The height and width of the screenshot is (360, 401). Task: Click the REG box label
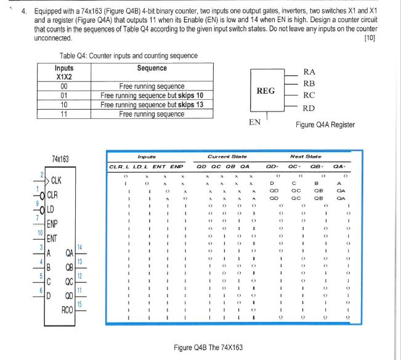pos(265,91)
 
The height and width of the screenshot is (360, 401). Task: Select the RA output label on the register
pos(310,72)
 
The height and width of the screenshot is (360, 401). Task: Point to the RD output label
pos(309,108)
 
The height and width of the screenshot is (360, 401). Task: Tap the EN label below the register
pos(254,122)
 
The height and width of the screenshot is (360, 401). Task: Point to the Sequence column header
pos(152,68)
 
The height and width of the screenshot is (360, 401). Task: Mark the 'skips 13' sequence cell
pos(152,105)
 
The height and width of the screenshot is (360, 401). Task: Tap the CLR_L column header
pos(118,167)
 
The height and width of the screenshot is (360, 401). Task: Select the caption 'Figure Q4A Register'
pos(325,125)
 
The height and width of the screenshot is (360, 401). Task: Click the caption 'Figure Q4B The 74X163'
pos(208,348)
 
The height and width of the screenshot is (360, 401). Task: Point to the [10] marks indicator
pos(370,38)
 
